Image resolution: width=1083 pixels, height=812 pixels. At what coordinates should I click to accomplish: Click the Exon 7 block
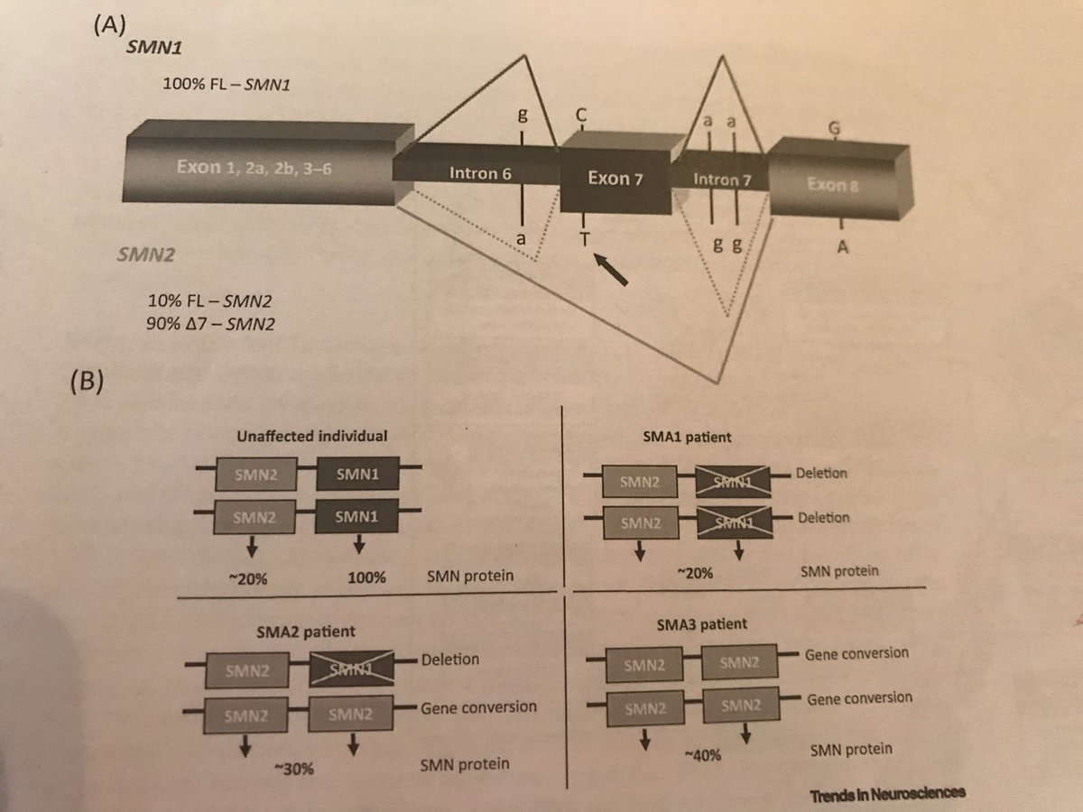coord(615,178)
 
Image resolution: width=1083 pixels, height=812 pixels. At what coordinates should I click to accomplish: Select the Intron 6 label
coord(476,171)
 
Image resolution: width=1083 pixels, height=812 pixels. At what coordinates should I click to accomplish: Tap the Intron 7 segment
coord(721,179)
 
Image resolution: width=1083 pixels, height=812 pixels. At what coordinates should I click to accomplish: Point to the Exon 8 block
coord(839,184)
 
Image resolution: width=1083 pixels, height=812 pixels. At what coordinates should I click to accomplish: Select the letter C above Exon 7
coord(583,115)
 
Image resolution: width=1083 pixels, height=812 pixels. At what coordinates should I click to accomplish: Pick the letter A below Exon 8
coord(842,250)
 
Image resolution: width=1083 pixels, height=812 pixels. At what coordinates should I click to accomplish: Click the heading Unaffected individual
coord(311,435)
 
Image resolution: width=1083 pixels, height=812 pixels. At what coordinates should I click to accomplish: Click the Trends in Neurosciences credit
coord(887,793)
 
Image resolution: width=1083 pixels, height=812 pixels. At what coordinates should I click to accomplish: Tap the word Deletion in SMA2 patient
coord(449,660)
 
